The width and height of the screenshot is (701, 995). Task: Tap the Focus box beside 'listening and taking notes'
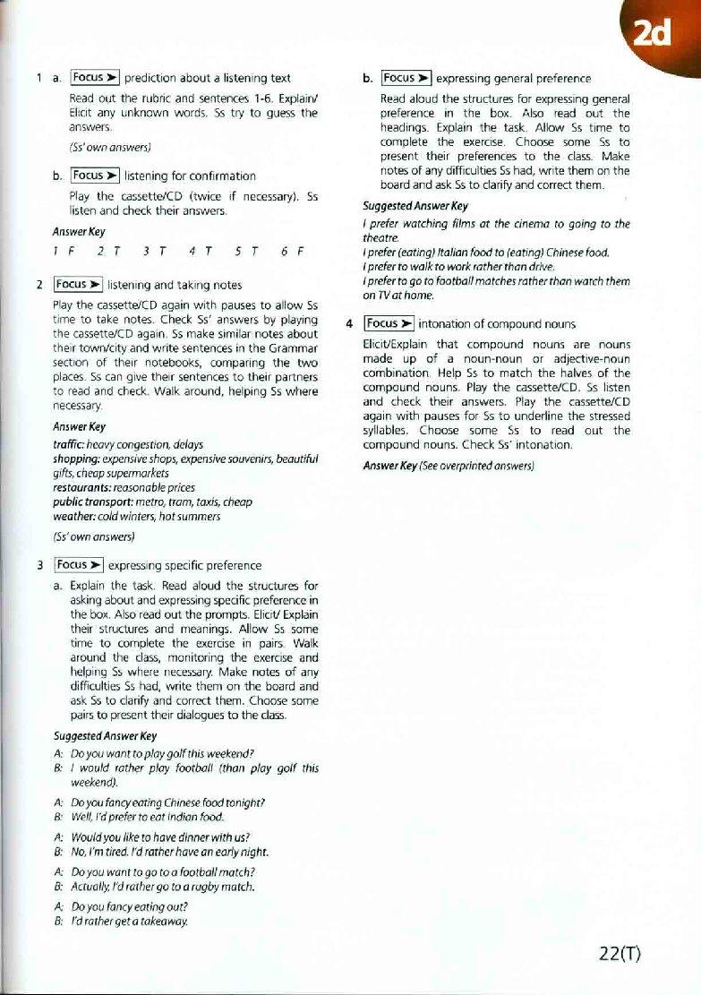(x=78, y=285)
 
